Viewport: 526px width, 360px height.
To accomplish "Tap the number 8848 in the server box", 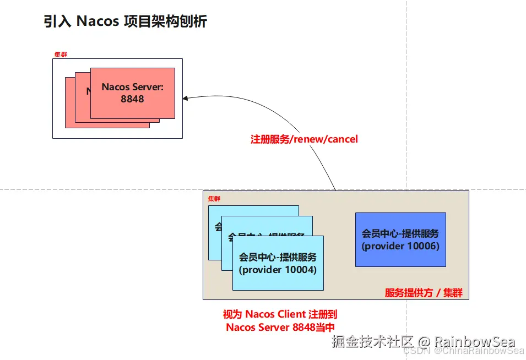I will click(x=132, y=99).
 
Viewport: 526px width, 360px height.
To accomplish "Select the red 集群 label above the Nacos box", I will click(x=60, y=54).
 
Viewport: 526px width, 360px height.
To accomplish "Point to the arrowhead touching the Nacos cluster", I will click(x=186, y=98).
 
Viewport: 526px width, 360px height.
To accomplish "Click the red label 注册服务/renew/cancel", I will click(x=304, y=139).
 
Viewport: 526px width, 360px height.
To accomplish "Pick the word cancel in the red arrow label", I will click(x=343, y=139).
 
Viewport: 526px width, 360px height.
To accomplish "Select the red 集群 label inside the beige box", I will click(x=214, y=198).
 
